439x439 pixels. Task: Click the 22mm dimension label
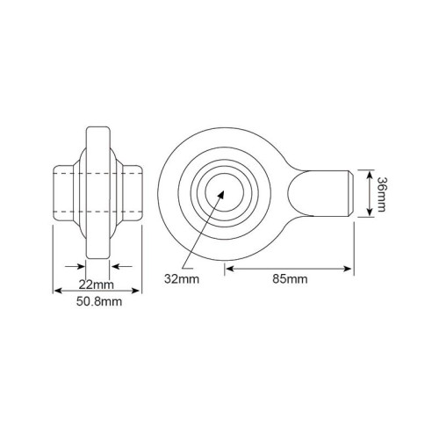point(96,284)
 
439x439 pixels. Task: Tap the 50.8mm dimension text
point(99,301)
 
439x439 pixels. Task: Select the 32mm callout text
point(182,279)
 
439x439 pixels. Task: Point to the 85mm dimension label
point(290,279)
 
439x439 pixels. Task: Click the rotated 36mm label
point(381,194)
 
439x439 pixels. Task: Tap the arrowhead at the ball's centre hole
point(220,195)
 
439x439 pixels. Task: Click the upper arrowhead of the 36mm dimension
point(370,175)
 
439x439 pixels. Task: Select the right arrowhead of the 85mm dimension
point(347,269)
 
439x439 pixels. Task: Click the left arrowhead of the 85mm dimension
point(230,269)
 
